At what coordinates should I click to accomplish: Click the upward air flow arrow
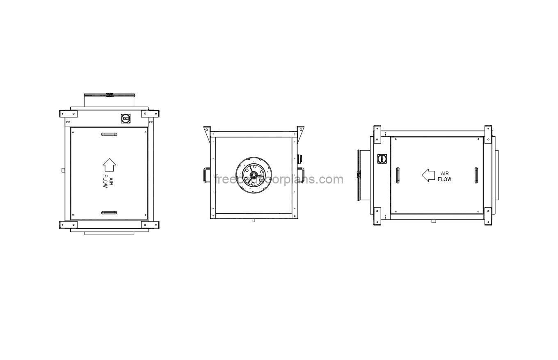pyautogui.click(x=109, y=165)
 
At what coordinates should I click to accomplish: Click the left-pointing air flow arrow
pyautogui.click(x=428, y=175)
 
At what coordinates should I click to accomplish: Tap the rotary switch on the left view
pyautogui.click(x=126, y=119)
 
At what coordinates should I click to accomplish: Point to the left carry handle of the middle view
pyautogui.click(x=206, y=175)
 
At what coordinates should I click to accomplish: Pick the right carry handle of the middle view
pyautogui.click(x=300, y=175)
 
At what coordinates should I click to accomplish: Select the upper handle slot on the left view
pyautogui.click(x=109, y=134)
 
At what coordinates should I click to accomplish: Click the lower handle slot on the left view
pyautogui.click(x=109, y=213)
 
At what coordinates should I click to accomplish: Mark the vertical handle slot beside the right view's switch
pyautogui.click(x=398, y=175)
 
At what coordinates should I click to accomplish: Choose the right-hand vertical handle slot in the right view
pyautogui.click(x=476, y=175)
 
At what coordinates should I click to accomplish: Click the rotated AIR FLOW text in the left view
pyautogui.click(x=107, y=181)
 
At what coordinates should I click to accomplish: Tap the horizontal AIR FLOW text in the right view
pyautogui.click(x=445, y=177)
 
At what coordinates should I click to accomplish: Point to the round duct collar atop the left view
pyautogui.click(x=109, y=100)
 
